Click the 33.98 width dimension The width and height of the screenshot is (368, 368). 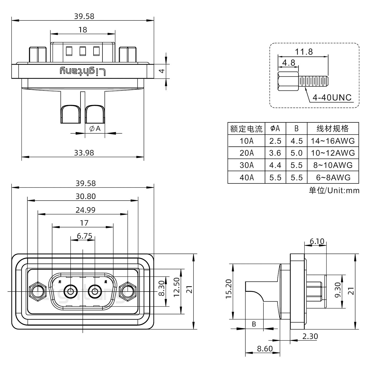point(84,153)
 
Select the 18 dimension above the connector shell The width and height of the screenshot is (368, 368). point(83,30)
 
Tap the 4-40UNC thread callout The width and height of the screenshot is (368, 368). point(332,97)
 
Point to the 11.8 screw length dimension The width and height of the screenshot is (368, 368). point(304,52)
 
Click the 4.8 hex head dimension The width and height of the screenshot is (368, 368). point(289,63)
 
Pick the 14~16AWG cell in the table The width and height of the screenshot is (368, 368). point(333,141)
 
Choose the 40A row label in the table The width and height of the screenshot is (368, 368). point(246,177)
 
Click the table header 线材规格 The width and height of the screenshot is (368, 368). point(333,129)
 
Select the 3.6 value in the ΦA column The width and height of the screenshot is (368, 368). point(275,153)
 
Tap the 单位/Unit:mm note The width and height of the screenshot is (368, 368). point(334,190)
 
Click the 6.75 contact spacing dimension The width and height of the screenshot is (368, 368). point(84,236)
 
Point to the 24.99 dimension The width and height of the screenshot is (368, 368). point(85,210)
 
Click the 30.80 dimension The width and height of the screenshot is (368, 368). point(85,196)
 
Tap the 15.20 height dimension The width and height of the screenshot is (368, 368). point(229,289)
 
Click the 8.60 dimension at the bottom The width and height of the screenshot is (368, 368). point(265,349)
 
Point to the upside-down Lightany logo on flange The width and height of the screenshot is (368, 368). point(83,71)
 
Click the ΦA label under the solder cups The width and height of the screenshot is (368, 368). point(95,129)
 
